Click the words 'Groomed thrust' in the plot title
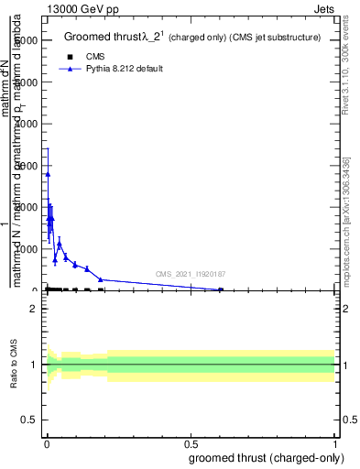point(97,38)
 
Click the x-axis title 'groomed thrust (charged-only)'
point(267,457)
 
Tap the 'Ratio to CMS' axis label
point(15,365)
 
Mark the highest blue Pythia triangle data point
point(48,174)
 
